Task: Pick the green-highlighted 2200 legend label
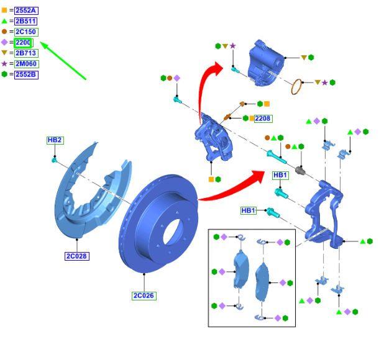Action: click(24, 42)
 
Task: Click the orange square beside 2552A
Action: click(5, 11)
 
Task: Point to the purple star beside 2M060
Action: click(5, 63)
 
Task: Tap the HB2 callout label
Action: click(55, 140)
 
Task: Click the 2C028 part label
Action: click(75, 256)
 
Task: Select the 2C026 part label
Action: click(143, 295)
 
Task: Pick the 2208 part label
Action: click(263, 118)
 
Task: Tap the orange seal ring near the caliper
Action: click(301, 88)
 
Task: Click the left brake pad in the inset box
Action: click(240, 272)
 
